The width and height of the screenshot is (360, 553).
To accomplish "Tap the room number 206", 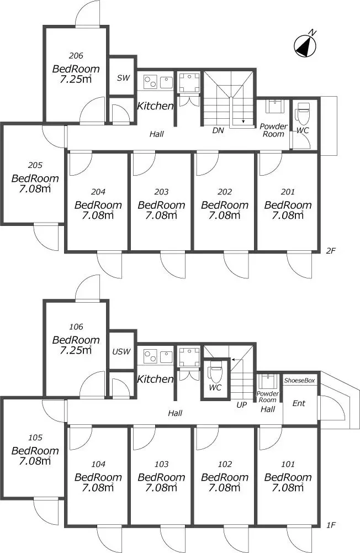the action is pos(76,56).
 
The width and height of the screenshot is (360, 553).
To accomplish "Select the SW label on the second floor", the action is pos(124,78).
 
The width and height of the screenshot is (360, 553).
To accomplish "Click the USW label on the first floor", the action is pos(121,351).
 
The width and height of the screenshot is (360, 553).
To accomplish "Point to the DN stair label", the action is pos(218,130).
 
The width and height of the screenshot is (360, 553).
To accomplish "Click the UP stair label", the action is pos(241,405).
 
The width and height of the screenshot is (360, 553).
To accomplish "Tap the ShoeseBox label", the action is pos(299,381).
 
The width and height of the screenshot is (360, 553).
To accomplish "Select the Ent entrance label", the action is pos(299,403).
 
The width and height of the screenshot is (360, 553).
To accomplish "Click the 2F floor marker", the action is pos(330,251).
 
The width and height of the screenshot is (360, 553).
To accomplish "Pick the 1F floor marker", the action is pos(330,525).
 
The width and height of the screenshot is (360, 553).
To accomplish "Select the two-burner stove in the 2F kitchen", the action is pos(151,82).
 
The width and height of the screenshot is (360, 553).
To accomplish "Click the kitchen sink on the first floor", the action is pos(166,356).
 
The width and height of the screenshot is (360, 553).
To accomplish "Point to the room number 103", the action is pos(161,465).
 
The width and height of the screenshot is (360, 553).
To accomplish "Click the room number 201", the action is pos(288,192).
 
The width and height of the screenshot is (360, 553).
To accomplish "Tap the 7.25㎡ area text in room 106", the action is pos(76,350).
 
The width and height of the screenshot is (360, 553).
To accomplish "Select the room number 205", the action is pos(35,165).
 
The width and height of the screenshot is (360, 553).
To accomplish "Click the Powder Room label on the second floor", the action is pos(274,130).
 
